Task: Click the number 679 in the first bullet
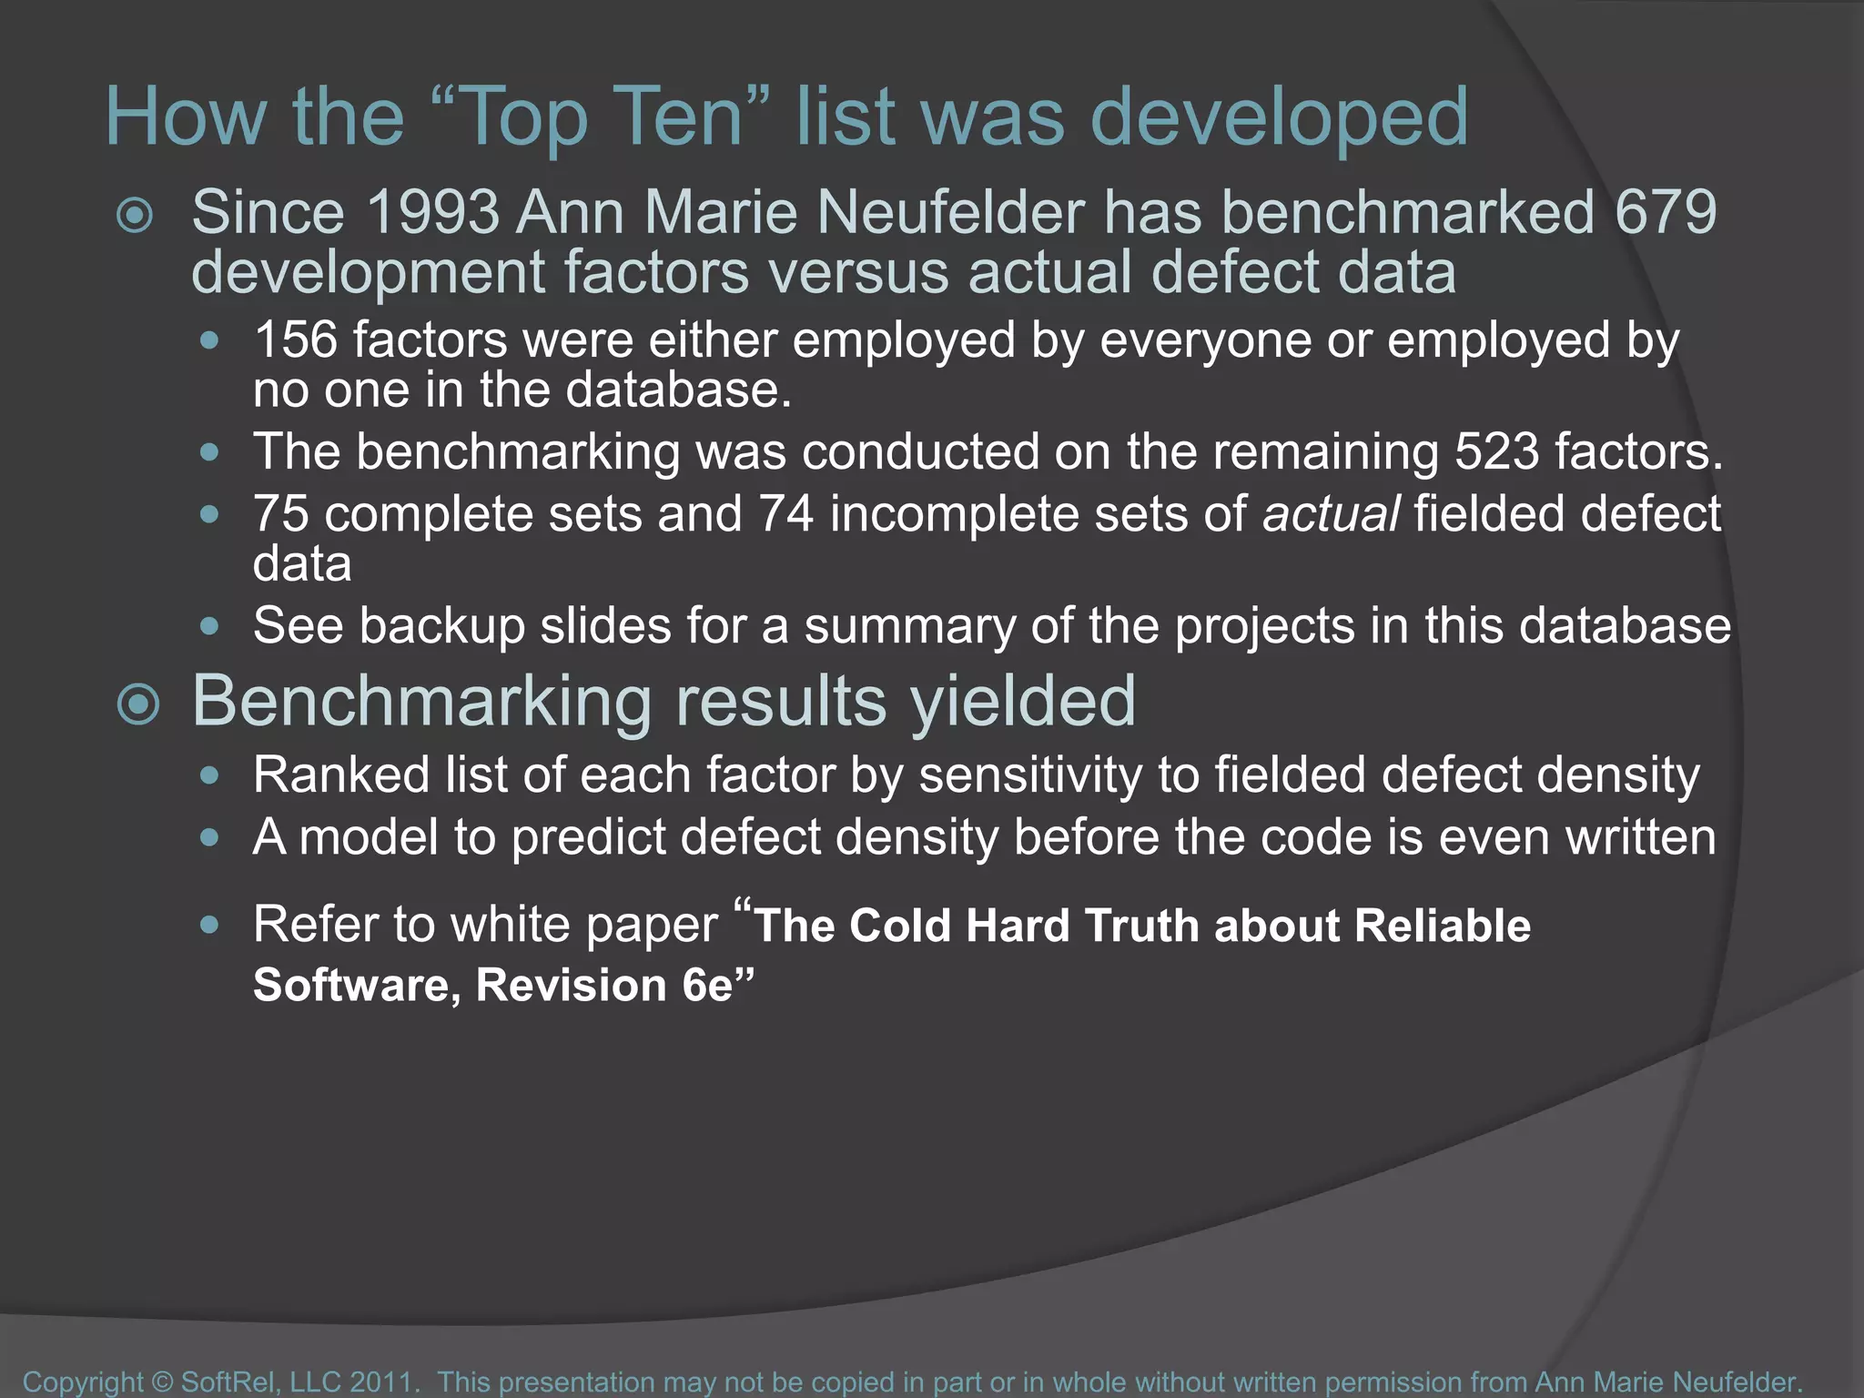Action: (1666, 212)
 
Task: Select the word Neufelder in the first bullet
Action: (949, 212)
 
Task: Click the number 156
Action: (295, 339)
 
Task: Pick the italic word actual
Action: (1331, 513)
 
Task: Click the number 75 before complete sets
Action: (281, 513)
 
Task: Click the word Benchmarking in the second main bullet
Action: (421, 702)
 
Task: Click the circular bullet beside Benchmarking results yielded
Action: (138, 704)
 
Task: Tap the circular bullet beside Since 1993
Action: (136, 216)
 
